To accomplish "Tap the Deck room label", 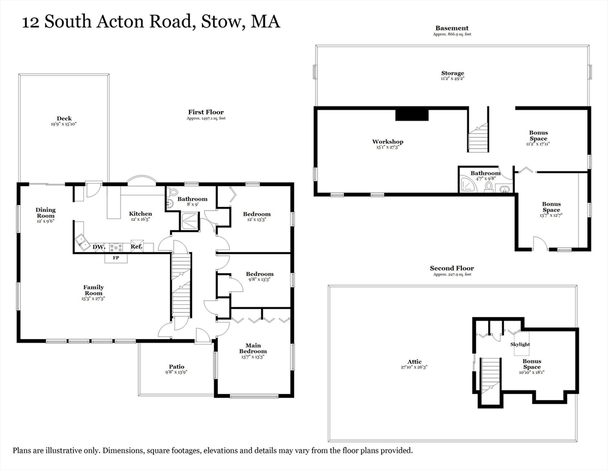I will pos(64,119).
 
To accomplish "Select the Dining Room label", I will pos(45,213).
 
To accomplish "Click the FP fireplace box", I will pos(116,258).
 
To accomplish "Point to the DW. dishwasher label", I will pos(98,247).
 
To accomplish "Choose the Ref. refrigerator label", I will pos(136,247).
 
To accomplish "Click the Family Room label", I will pos(94,290).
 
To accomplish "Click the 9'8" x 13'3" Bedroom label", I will pos(259,274).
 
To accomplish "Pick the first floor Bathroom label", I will pos(192,199).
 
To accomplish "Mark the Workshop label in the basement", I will pos(388,142).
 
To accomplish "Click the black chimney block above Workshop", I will pos(411,114).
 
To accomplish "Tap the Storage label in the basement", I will pos(453,73).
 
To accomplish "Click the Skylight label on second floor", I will pos(520,345).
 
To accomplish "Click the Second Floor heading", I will pos(451,268).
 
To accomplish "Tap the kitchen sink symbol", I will pos(81,242).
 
